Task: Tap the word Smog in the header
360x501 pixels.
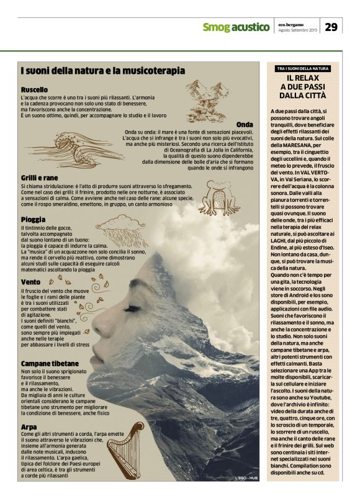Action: pos(216,27)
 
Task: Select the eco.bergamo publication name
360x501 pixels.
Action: pos(290,23)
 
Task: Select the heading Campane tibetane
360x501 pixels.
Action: pos(50,363)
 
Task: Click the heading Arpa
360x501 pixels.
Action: pos(29,427)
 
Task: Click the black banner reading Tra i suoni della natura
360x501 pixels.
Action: pos(303,68)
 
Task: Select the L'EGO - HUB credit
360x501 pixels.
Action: pos(246,477)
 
